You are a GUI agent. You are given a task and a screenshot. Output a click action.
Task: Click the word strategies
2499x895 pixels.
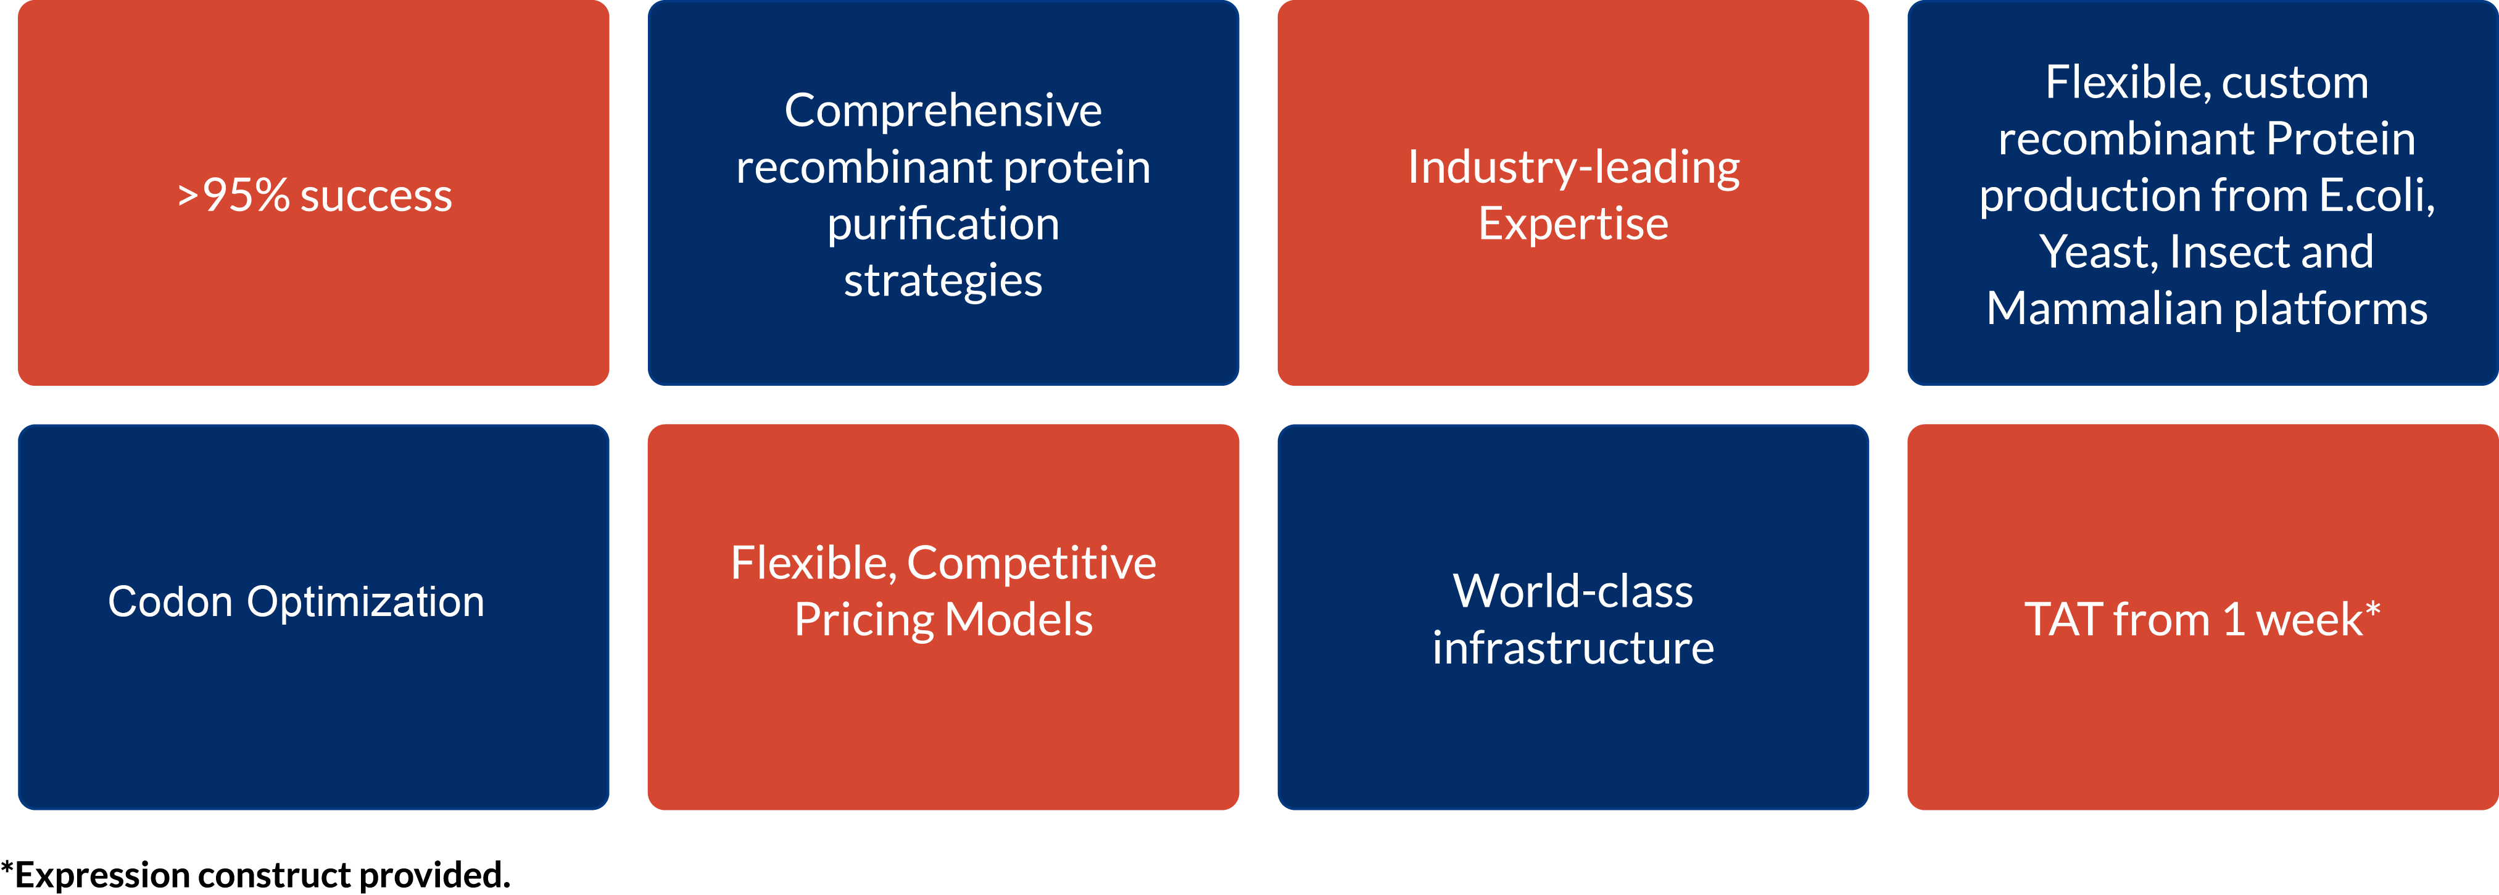(x=943, y=281)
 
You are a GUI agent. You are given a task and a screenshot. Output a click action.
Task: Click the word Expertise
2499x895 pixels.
(x=1573, y=224)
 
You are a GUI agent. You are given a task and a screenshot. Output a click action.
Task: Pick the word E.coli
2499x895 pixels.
(x=2377, y=196)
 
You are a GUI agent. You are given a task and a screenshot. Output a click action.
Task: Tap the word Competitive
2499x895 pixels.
(x=1031, y=564)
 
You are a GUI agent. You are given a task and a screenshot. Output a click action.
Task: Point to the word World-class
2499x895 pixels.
(x=1573, y=591)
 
